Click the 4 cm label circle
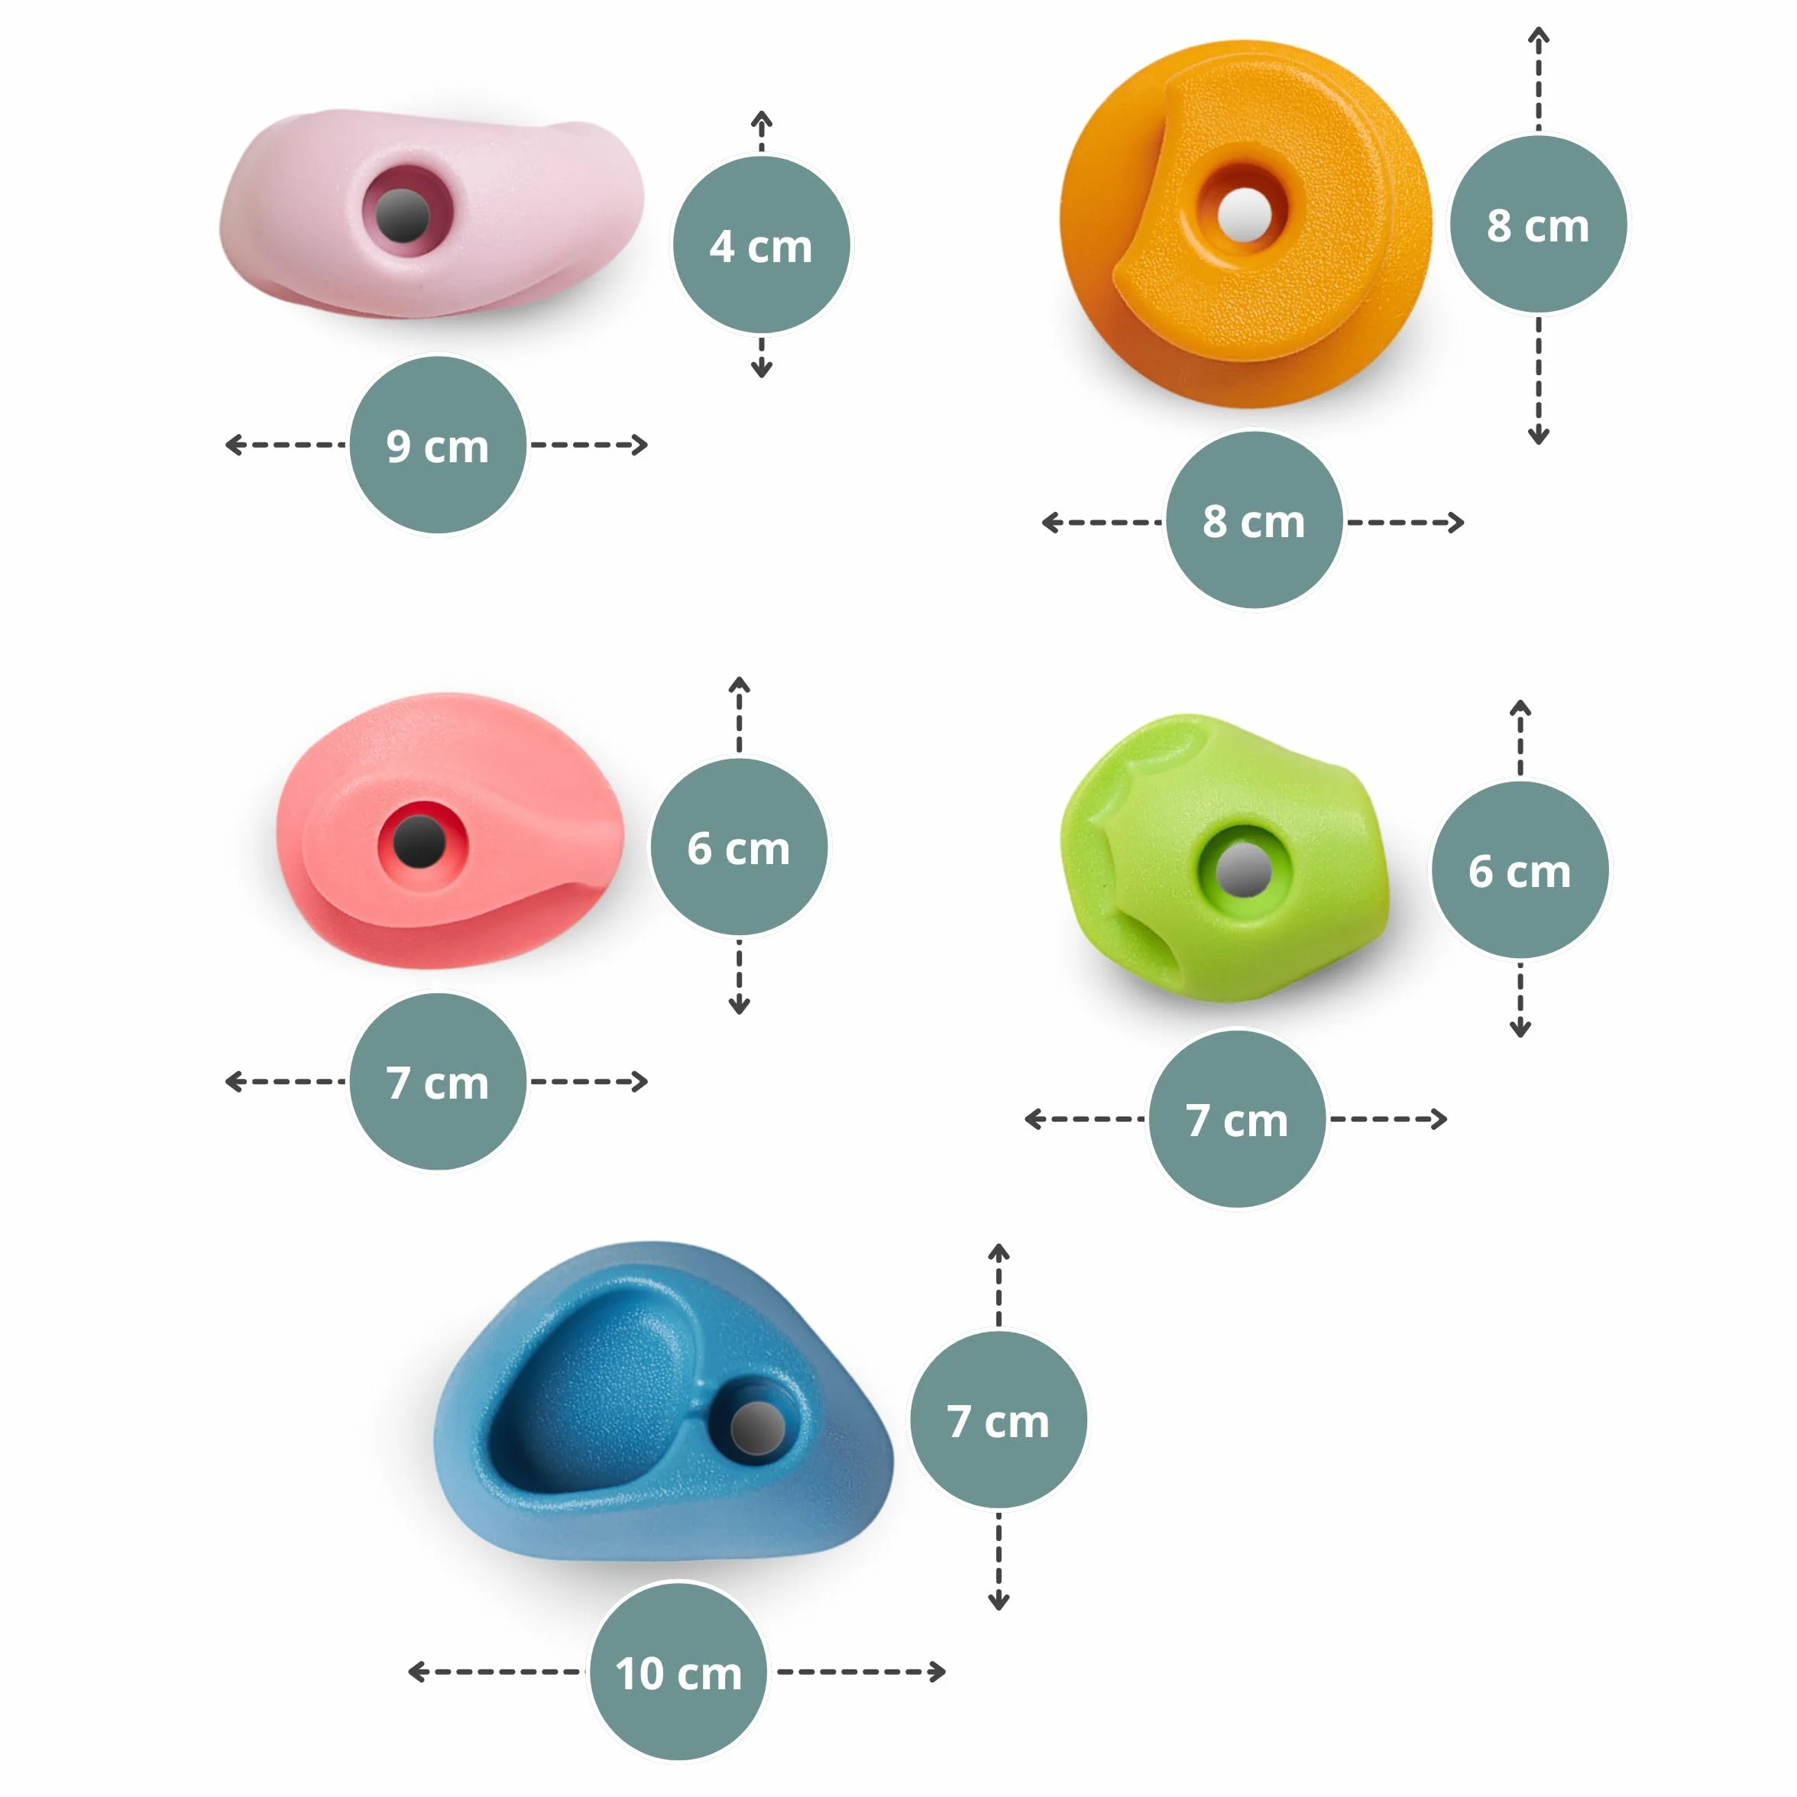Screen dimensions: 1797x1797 coord(761,244)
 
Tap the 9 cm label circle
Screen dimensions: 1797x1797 coord(437,445)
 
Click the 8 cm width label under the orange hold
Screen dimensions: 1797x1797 coord(1254,520)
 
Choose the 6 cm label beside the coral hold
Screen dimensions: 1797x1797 coord(739,847)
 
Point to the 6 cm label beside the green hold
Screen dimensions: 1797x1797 coord(1520,870)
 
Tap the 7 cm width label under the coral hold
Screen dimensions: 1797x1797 coord(437,1082)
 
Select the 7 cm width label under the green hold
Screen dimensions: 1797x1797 coord(1237,1119)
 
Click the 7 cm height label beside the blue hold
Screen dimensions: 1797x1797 coord(998,1420)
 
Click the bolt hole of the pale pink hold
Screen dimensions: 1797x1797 coord(403,215)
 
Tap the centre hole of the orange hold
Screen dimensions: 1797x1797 coord(1245,213)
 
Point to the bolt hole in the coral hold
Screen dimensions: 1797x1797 coord(419,842)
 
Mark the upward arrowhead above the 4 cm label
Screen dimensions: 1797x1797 coord(762,118)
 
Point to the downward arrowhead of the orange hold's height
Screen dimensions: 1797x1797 coord(1539,435)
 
